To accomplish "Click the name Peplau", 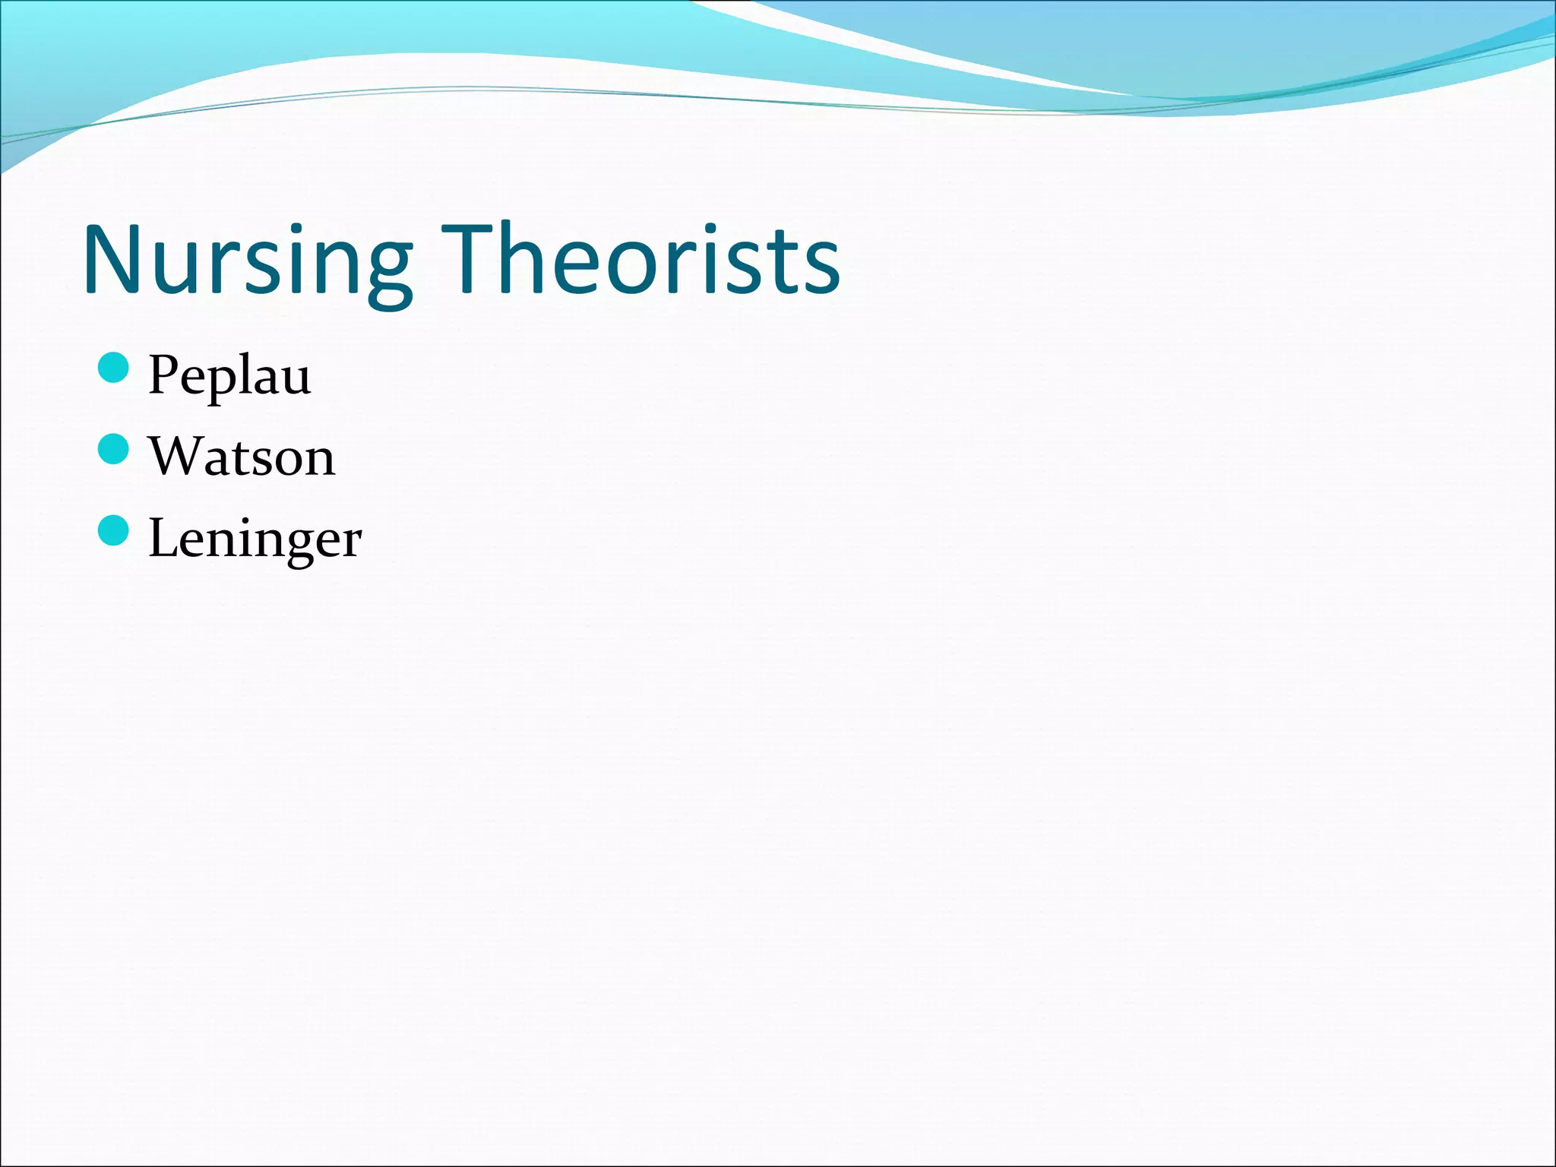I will tap(229, 376).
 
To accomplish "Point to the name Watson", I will tap(242, 457).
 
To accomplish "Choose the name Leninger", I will tap(255, 539).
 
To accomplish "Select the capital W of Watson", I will tap(176, 456).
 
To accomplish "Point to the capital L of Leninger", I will tap(163, 537).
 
